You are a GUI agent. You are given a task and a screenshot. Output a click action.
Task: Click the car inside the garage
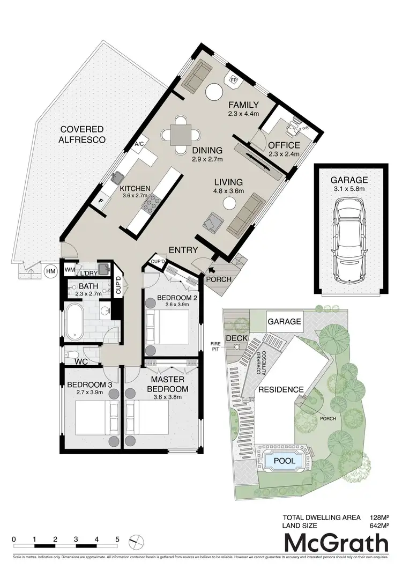click(348, 241)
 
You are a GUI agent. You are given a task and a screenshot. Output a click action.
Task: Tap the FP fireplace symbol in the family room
click(234, 80)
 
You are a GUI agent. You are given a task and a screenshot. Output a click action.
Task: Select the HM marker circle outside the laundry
click(51, 271)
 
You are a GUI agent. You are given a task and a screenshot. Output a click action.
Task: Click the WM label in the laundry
click(70, 269)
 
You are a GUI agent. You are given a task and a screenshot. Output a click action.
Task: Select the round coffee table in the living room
click(229, 203)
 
